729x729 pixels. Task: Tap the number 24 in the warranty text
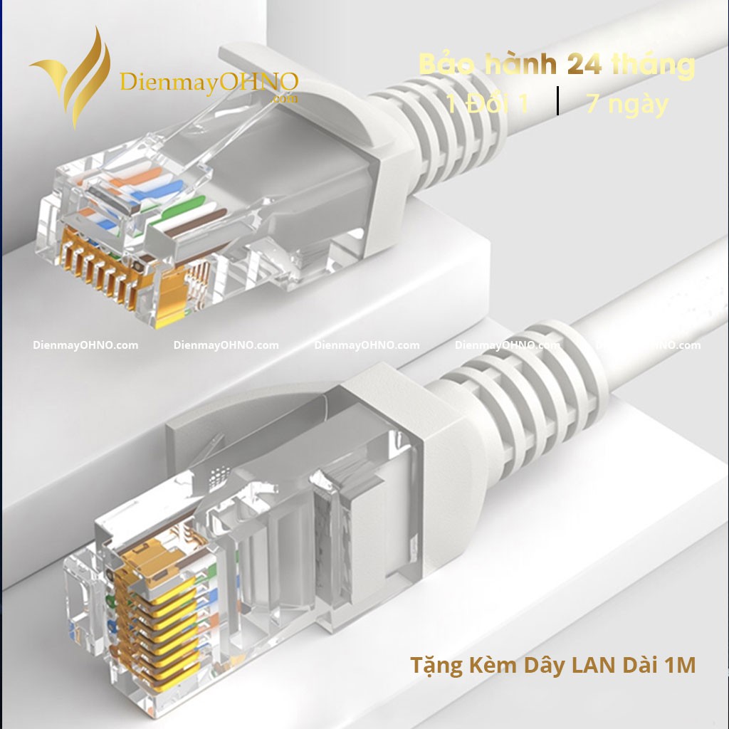tap(584, 65)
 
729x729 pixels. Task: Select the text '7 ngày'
tap(627, 104)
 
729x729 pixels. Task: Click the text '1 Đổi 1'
tap(488, 104)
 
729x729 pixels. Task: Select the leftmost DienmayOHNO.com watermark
tap(85, 345)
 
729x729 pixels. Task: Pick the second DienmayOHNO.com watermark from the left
tap(226, 345)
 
